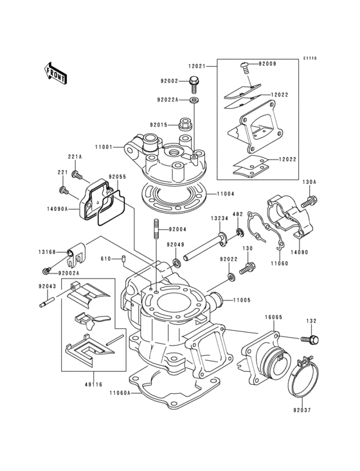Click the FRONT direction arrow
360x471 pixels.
[57, 73]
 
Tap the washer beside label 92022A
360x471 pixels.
[195, 100]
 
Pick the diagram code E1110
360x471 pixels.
[310, 59]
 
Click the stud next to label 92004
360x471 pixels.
[156, 229]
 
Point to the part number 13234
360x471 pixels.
[220, 219]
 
